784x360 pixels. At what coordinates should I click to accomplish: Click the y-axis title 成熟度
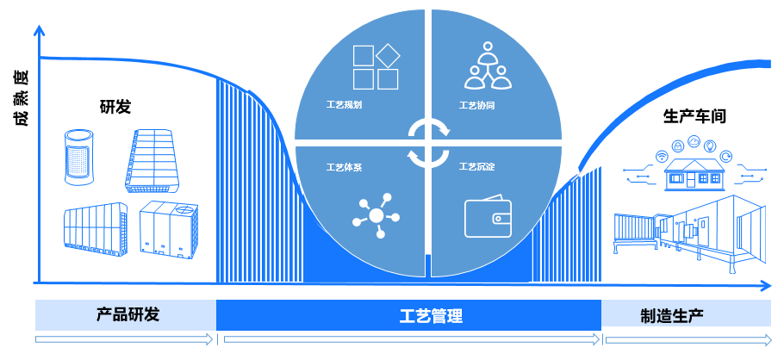pos(20,97)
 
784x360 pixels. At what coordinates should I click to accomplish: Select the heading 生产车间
pos(694,116)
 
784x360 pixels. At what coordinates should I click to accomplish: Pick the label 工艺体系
pos(344,166)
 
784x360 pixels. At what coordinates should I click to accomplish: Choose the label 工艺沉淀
pos(476,166)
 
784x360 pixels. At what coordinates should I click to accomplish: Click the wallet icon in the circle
pos(488,218)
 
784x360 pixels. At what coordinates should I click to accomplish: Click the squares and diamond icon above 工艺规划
pos(376,66)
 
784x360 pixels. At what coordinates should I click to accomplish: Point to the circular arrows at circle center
pos(428,142)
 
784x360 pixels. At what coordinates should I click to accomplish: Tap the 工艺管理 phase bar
pos(408,316)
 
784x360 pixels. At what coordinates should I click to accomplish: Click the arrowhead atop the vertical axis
pos(37,30)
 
